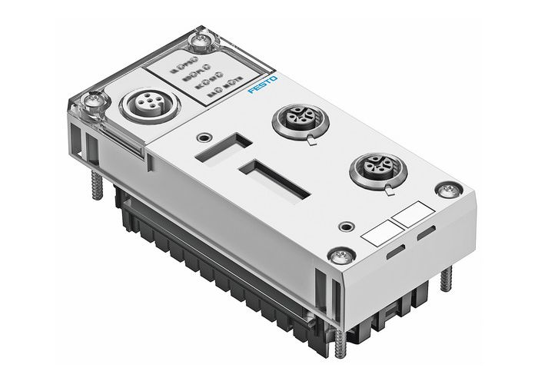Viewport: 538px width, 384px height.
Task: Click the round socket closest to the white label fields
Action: coord(372,168)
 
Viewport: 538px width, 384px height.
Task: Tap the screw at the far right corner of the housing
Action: coord(445,187)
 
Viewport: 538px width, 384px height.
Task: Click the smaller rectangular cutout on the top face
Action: coord(223,148)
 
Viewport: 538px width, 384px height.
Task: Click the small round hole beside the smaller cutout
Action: coord(203,137)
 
